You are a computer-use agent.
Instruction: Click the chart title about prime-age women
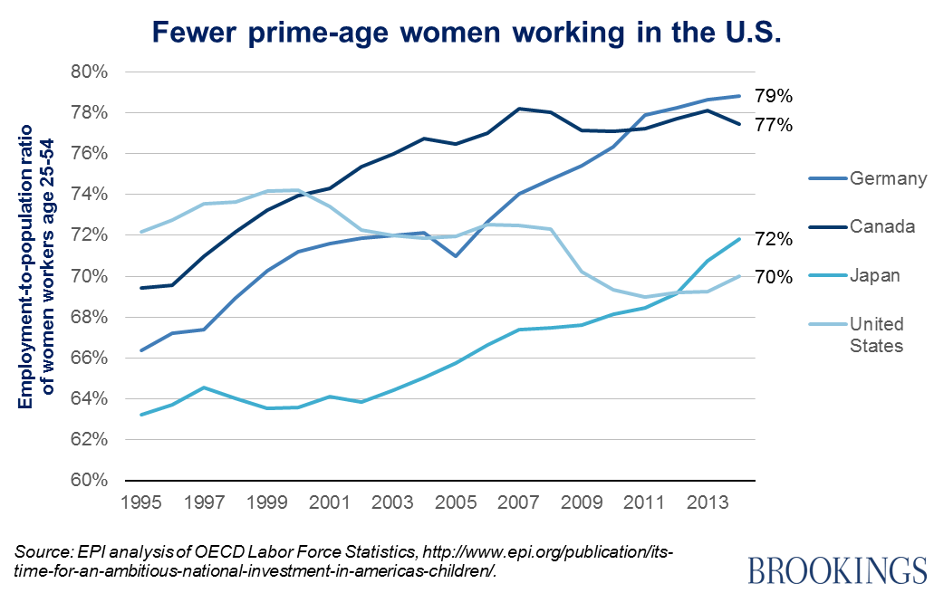click(x=467, y=33)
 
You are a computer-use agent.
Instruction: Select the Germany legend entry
click(x=888, y=178)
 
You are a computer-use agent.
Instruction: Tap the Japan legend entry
click(x=874, y=275)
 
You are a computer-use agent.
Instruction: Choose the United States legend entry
click(x=876, y=334)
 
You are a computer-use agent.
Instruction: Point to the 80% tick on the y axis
click(x=90, y=72)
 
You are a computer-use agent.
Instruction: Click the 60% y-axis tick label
click(x=90, y=481)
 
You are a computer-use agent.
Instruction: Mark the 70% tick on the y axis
click(x=90, y=276)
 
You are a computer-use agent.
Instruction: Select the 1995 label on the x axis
click(x=142, y=501)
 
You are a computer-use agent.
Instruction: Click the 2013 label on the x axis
click(x=707, y=501)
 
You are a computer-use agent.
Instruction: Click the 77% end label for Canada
click(x=774, y=125)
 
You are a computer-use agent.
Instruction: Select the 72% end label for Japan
click(x=774, y=240)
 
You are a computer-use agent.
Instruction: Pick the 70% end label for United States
click(x=774, y=277)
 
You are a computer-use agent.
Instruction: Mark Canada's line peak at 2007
click(x=518, y=109)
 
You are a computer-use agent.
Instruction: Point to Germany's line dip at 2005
click(x=456, y=256)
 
